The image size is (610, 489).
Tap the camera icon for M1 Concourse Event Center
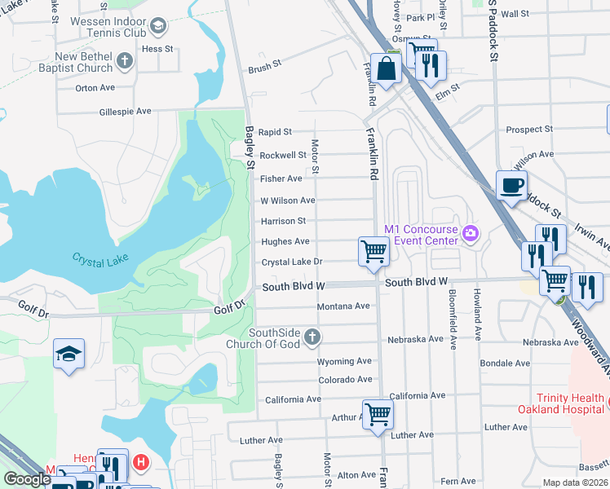pyautogui.click(x=470, y=235)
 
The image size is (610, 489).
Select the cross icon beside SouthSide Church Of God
pyautogui.click(x=311, y=337)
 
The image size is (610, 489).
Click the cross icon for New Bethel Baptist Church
pyautogui.click(x=124, y=60)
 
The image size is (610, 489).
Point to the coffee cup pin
pyautogui.click(x=511, y=186)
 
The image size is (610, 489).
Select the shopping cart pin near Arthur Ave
pyautogui.click(x=378, y=413)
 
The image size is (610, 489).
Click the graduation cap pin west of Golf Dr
pyautogui.click(x=69, y=353)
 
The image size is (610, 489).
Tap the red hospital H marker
pyautogui.click(x=141, y=463)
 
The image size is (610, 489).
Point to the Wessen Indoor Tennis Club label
pyautogui.click(x=108, y=27)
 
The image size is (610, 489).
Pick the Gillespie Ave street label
pyautogui.click(x=125, y=111)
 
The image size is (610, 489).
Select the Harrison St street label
pyautogui.click(x=283, y=221)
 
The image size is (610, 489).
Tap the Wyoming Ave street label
pyautogui.click(x=344, y=361)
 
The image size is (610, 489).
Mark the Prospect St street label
pyautogui.click(x=528, y=130)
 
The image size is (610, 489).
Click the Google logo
pyautogui.click(x=27, y=479)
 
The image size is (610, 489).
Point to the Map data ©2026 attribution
pyautogui.click(x=576, y=482)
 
